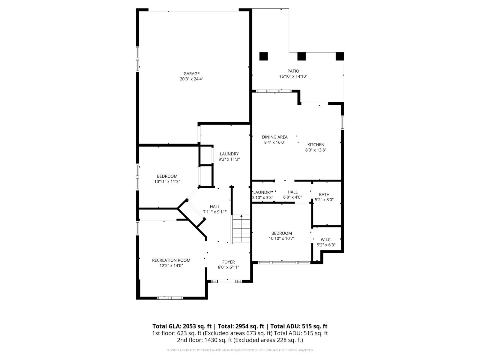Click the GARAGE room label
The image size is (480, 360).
point(191,74)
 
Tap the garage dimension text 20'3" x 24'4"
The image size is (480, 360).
point(191,79)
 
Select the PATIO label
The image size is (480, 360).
point(293,71)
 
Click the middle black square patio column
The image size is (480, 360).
point(301,56)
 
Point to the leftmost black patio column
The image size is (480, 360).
point(263,56)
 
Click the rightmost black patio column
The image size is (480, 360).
point(340,56)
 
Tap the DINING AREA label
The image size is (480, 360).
point(274,137)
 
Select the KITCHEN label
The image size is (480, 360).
point(316,145)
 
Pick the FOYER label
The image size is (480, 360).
point(228,262)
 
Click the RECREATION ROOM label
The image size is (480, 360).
point(171,260)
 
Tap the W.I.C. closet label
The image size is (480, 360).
point(326,239)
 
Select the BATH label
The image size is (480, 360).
point(324,194)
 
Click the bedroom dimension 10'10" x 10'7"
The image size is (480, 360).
point(281,238)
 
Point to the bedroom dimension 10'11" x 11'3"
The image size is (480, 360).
point(167,181)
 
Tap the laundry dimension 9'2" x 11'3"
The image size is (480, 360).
point(229,159)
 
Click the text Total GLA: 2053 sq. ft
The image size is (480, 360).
point(182,326)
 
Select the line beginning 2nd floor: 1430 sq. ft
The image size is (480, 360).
point(240,340)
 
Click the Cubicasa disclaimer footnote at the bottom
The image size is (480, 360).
point(240,350)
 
